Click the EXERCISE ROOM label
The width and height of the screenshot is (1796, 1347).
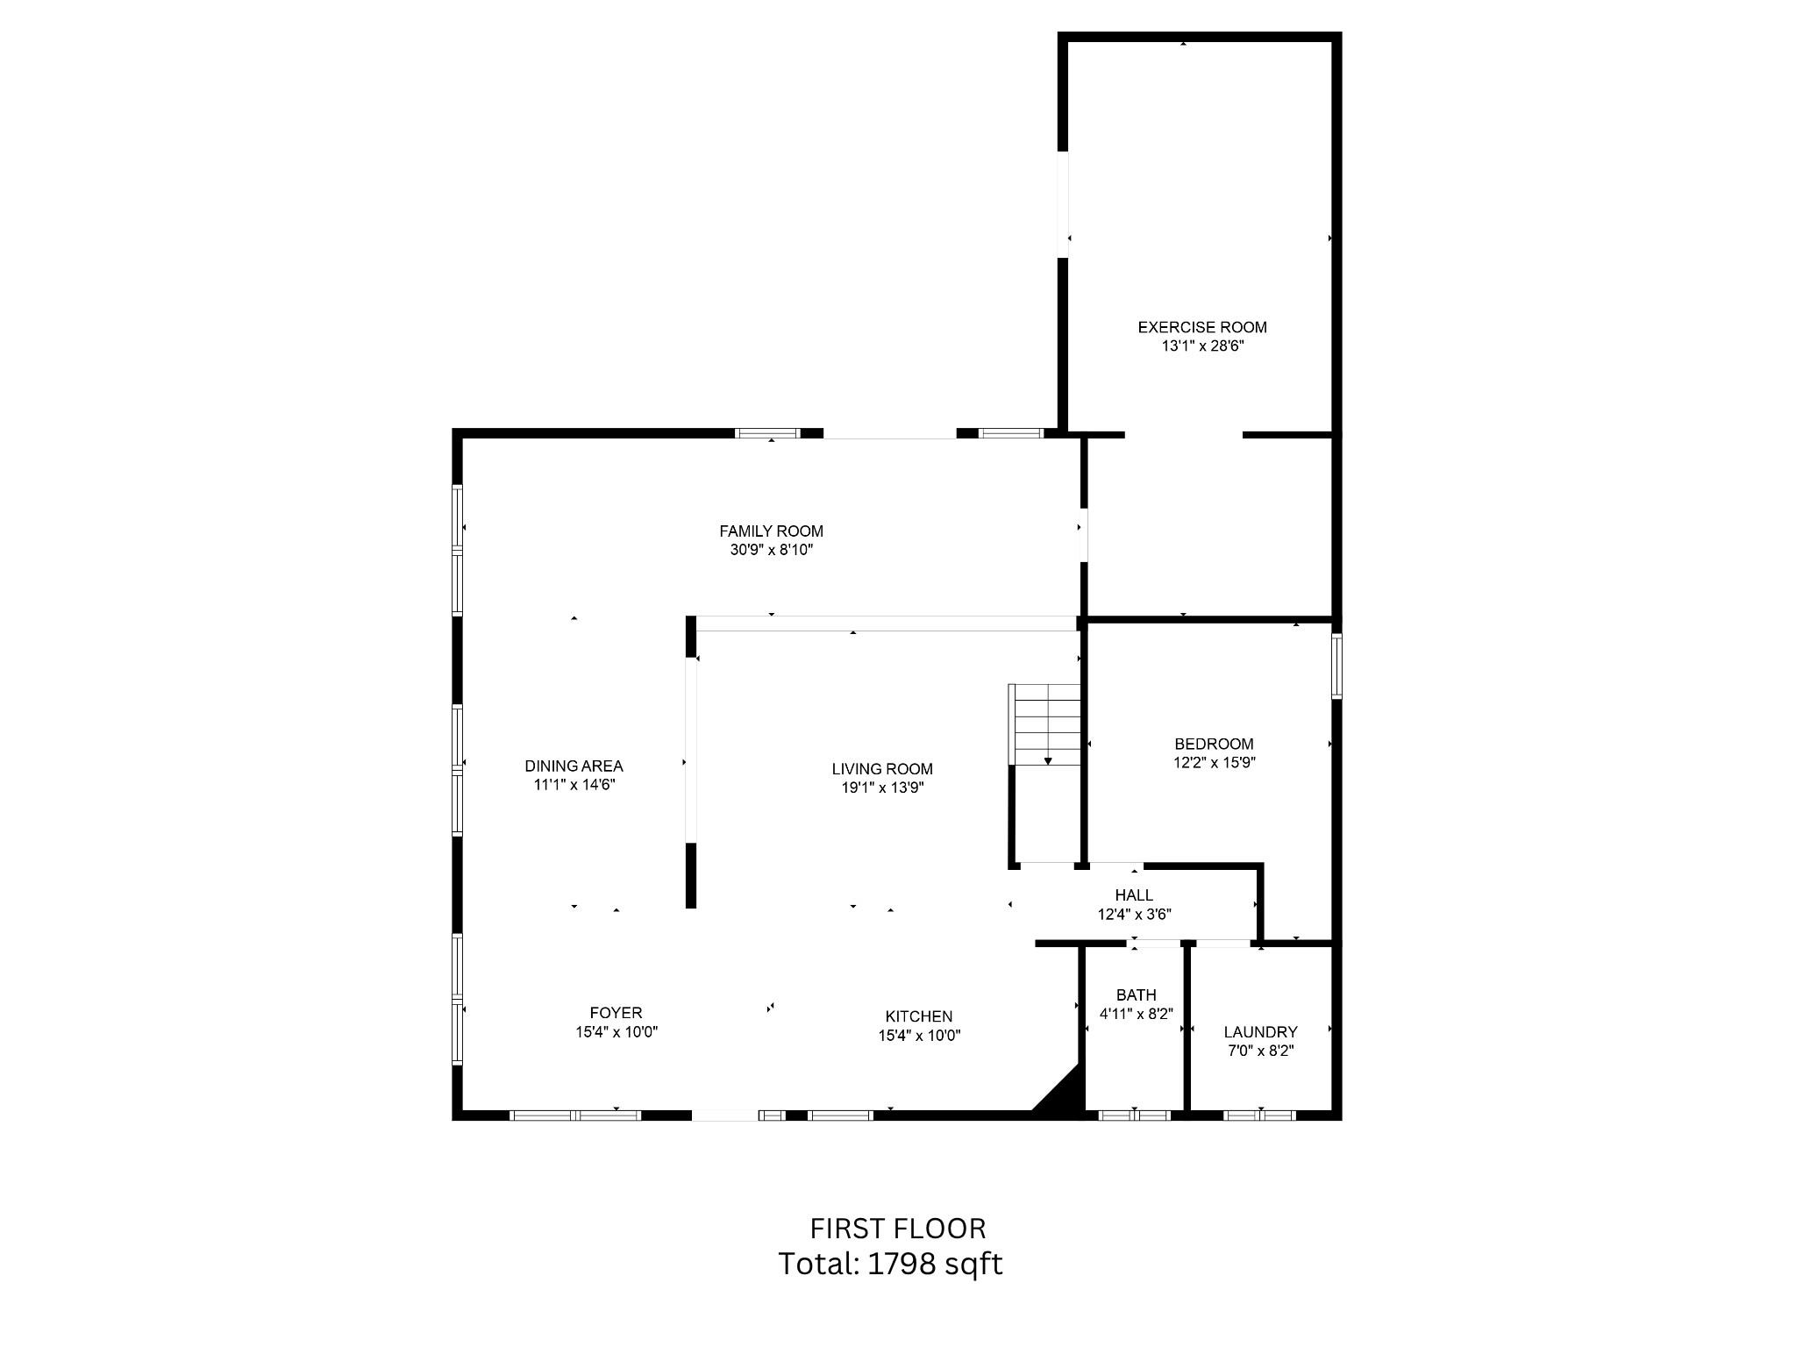coord(1201,327)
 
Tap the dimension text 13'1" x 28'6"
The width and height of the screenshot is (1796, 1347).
coord(1202,346)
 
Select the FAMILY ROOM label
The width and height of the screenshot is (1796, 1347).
coord(771,531)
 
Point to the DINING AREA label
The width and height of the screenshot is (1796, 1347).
coord(574,766)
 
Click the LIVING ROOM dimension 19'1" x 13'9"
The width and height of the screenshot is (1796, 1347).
coord(882,788)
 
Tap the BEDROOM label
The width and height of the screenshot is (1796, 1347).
coord(1214,744)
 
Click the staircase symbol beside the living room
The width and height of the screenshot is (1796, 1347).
coord(1047,724)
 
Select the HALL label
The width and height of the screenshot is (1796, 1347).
coord(1134,895)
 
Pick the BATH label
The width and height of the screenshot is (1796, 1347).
coord(1136,994)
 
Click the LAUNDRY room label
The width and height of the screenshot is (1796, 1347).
coord(1260,1032)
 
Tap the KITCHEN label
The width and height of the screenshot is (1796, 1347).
coord(918,1016)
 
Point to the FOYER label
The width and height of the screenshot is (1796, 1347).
coord(616,1013)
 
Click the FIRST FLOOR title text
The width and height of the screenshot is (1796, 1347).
coord(897,1229)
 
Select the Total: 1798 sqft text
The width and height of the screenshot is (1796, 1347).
coord(890,1264)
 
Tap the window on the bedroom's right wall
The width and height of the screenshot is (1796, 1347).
coord(1336,666)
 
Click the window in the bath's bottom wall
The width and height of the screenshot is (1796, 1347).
coord(1135,1115)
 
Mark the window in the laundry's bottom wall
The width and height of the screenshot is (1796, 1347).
coord(1259,1115)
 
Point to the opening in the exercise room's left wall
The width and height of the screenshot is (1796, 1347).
coord(1063,204)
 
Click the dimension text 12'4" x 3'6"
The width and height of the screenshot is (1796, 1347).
coord(1134,914)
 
